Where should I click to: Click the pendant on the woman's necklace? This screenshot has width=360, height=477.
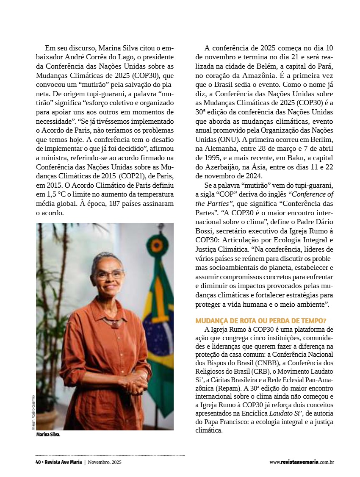click(x=114, y=325)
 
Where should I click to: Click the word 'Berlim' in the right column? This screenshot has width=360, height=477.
click(x=321, y=140)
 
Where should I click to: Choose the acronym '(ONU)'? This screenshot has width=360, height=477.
click(x=228, y=140)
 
